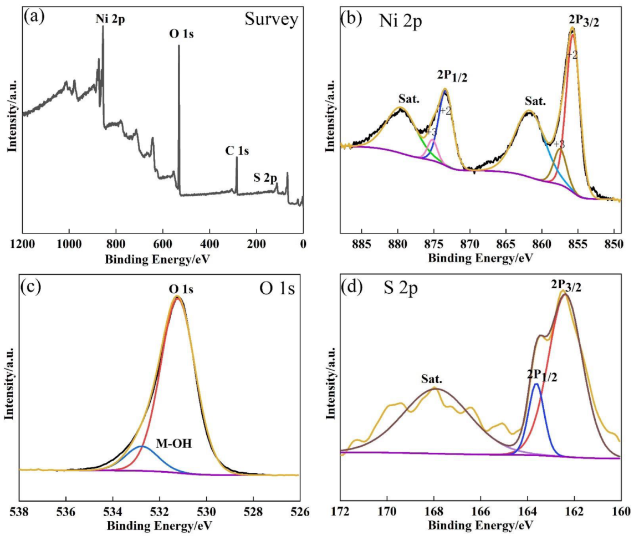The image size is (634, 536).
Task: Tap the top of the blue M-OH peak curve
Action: pyautogui.click(x=142, y=446)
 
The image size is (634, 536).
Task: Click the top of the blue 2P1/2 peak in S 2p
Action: pyautogui.click(x=536, y=384)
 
